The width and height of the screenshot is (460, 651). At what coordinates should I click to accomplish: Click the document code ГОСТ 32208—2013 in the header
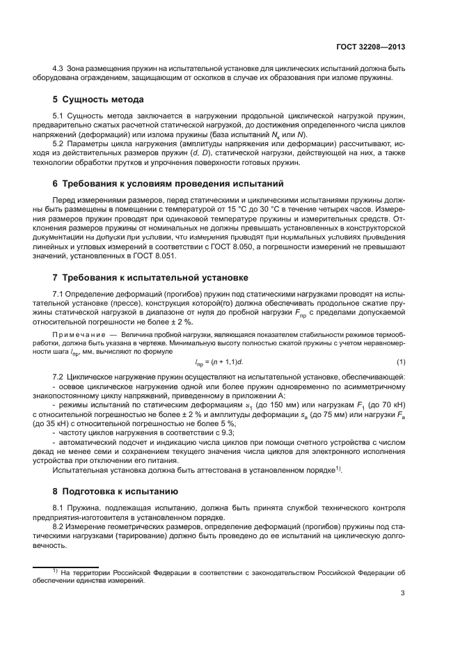point(370,47)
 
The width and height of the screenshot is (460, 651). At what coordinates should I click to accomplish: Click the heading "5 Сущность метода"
point(99,100)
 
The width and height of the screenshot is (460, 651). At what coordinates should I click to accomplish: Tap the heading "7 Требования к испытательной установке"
point(150,277)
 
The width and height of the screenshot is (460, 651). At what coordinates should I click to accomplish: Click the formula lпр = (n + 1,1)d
point(219,361)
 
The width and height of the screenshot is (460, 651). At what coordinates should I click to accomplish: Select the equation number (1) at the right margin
point(401,361)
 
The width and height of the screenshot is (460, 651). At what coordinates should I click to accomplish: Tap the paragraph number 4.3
point(59,68)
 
